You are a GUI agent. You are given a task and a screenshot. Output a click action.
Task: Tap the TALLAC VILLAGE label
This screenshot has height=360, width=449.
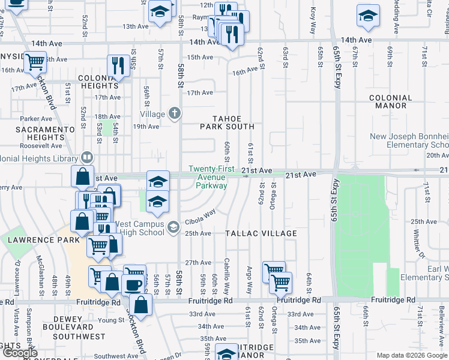tap(261, 233)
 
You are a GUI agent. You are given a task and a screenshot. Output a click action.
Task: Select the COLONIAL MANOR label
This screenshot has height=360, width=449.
tap(391, 103)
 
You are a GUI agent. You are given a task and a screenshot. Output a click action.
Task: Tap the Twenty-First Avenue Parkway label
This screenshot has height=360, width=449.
tap(208, 177)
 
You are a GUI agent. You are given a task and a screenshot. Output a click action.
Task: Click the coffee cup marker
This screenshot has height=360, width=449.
tap(133, 284)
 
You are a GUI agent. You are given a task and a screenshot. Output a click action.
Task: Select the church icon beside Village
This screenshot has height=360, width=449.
tap(174, 113)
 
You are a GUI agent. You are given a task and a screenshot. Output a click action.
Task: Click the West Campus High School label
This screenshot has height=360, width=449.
tap(142, 228)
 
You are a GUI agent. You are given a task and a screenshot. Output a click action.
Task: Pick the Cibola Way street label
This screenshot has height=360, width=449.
tap(200, 217)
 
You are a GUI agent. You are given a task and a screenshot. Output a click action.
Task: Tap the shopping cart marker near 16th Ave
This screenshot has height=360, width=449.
tap(35, 61)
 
